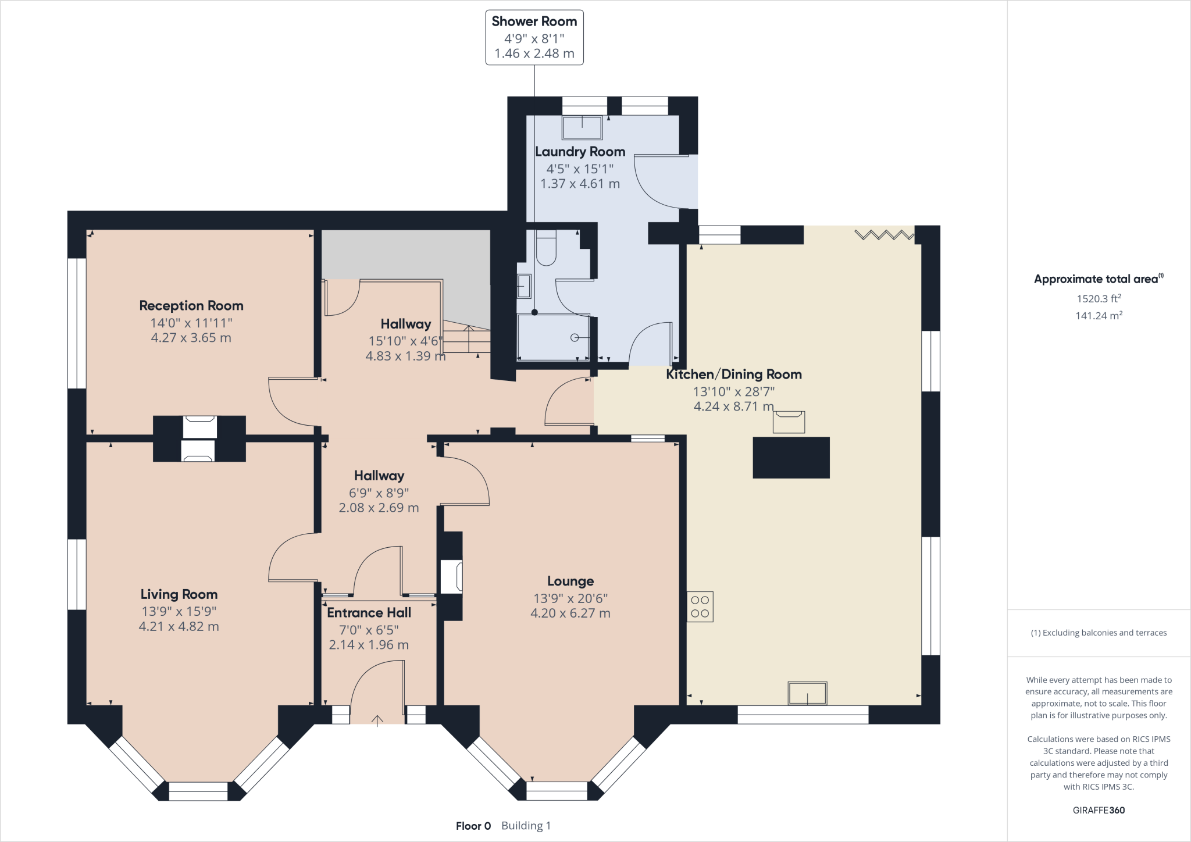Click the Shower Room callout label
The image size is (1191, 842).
click(534, 22)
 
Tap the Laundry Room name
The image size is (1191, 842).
click(580, 152)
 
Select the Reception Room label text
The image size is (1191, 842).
click(191, 306)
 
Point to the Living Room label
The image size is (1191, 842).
click(179, 594)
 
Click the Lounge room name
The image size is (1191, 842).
click(570, 581)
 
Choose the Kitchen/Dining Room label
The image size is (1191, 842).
click(734, 374)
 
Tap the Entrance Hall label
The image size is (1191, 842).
click(369, 613)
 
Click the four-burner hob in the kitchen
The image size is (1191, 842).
click(700, 607)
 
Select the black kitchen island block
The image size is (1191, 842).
click(791, 458)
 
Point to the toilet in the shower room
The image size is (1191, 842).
click(546, 248)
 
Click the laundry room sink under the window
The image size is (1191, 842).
click(582, 127)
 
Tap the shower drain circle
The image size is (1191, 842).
click(575, 337)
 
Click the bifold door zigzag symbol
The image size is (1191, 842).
click(884, 235)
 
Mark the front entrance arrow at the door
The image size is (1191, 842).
click(377, 721)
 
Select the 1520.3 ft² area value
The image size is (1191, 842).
click(1099, 298)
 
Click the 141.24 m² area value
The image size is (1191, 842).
click(1099, 315)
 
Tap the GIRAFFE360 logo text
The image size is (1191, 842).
click(1099, 810)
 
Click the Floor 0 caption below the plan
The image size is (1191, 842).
click(473, 826)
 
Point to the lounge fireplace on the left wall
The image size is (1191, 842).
click(451, 576)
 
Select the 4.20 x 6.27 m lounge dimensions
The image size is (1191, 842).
click(570, 613)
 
